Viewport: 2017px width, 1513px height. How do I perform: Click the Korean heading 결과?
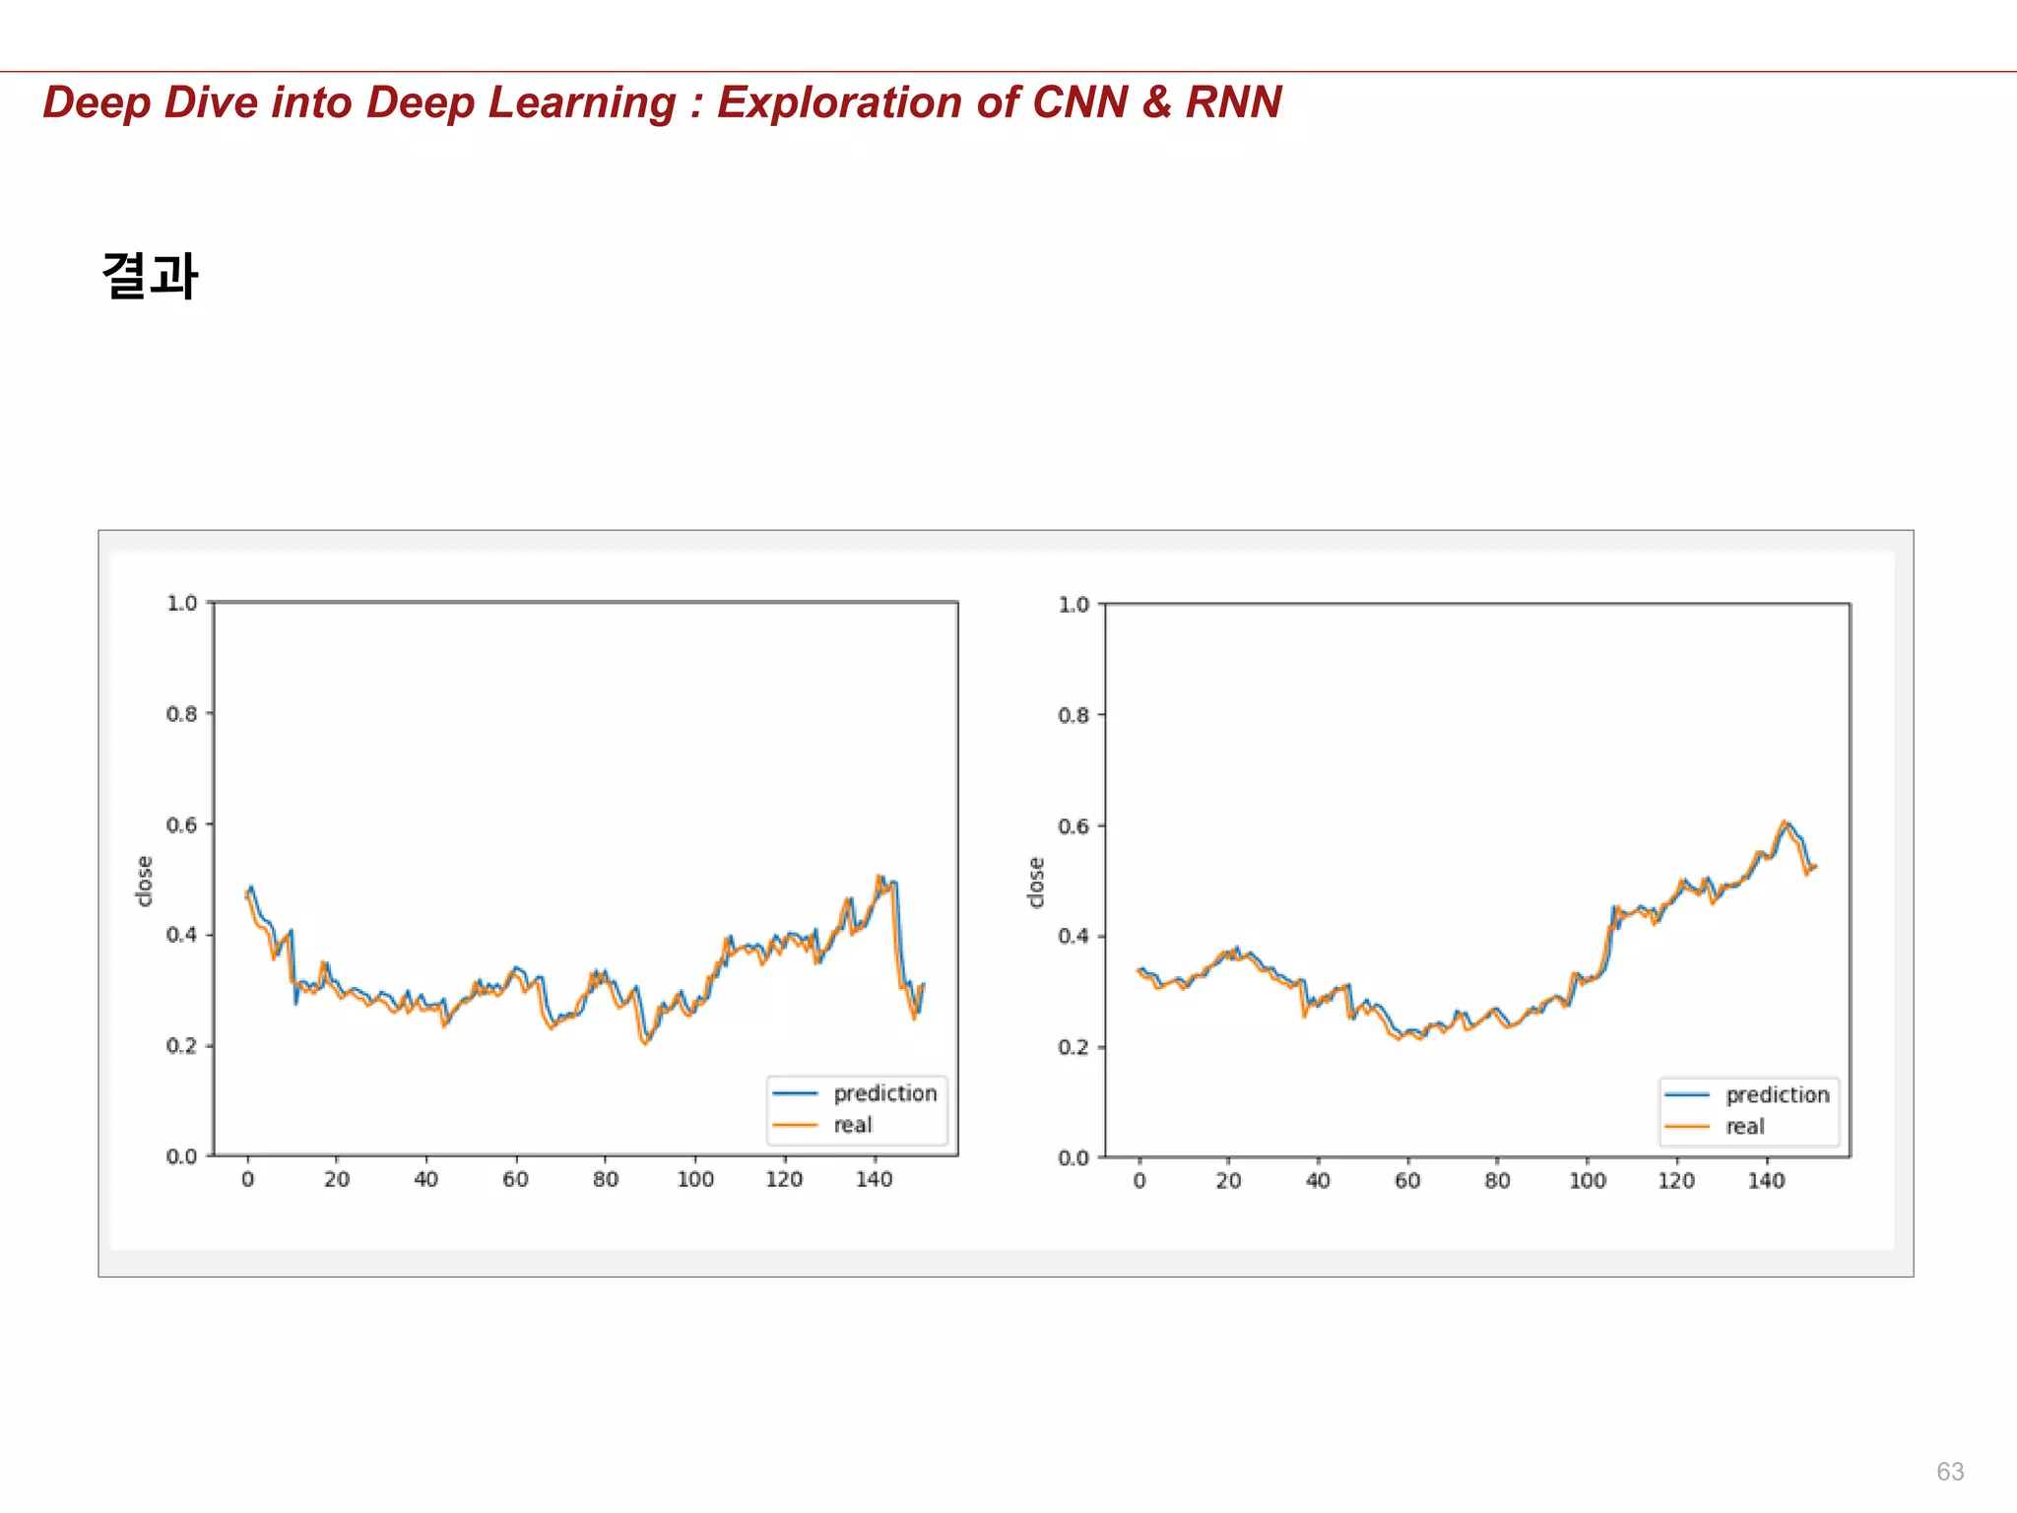coord(150,275)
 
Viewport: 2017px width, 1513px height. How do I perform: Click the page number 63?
coord(1949,1471)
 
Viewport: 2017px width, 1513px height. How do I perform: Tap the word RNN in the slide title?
coord(1233,102)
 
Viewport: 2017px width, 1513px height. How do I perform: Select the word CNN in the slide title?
coord(1079,102)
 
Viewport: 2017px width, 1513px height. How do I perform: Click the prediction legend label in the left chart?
coord(884,1093)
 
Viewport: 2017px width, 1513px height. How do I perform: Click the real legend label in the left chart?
coord(853,1125)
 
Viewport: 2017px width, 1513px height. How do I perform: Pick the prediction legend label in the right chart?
coord(1777,1095)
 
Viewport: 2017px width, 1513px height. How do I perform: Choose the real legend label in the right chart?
coord(1744,1127)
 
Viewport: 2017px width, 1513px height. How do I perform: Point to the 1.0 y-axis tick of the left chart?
coord(182,603)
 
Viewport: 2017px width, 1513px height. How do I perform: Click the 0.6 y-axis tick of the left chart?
coord(182,824)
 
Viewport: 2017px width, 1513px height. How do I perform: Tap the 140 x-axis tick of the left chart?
coord(874,1179)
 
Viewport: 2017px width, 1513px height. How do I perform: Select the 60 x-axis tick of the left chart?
coord(515,1179)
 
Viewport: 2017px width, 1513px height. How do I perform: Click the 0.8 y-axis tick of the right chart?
coord(1074,715)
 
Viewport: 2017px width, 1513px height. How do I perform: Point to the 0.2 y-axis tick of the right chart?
coord(1074,1047)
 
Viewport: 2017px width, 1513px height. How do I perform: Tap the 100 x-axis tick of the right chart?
coord(1587,1181)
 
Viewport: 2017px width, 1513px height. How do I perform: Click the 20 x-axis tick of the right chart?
coord(1228,1181)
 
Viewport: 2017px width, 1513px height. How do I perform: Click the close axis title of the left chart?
coord(145,881)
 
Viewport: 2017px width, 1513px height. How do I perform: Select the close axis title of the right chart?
coord(1036,882)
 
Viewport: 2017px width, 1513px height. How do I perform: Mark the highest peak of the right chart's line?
coord(1784,822)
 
